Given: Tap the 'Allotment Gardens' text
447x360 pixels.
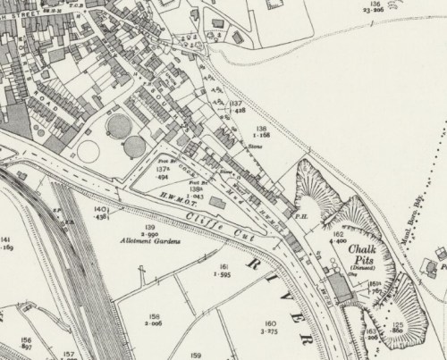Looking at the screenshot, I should (x=150, y=242).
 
